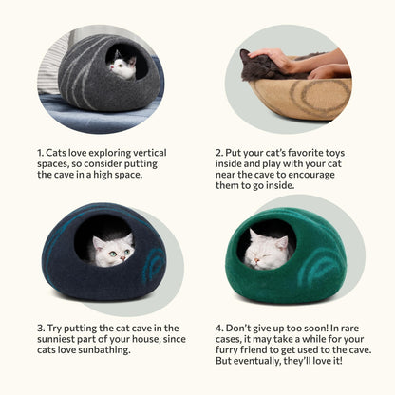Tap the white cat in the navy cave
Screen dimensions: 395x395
(112, 251)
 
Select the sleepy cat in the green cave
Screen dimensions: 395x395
(267, 250)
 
